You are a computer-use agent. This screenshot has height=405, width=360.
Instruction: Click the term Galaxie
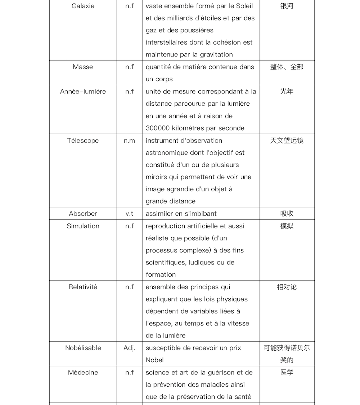[x=83, y=6]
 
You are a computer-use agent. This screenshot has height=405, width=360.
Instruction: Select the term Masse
[x=83, y=67]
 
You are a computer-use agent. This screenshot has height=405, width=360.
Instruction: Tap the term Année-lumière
[x=83, y=91]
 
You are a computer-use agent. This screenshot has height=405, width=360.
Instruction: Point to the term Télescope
[x=83, y=141]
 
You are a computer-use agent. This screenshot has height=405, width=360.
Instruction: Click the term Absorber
[x=83, y=214]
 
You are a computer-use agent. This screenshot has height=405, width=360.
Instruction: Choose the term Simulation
[x=83, y=226]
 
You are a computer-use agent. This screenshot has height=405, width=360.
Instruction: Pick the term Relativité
[x=83, y=287]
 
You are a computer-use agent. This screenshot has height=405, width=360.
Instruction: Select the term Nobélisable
[x=83, y=348]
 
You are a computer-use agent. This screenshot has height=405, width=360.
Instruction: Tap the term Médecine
[x=83, y=372]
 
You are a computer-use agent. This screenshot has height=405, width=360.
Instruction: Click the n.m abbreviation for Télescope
[x=129, y=141]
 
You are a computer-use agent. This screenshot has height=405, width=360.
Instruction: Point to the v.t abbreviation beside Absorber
[x=129, y=214]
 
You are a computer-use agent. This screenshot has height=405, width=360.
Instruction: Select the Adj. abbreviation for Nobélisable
[x=129, y=348]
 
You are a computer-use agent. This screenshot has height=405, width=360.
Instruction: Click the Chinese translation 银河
[x=287, y=6]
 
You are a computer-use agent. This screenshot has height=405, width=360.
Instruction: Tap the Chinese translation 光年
[x=287, y=91]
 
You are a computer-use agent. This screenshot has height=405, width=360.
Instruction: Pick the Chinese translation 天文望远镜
[x=287, y=141]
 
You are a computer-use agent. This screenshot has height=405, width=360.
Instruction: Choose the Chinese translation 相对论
[x=287, y=287]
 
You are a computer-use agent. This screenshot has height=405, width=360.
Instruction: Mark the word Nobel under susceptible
[x=154, y=360]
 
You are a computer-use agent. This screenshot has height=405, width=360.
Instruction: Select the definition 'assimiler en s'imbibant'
[x=181, y=214]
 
